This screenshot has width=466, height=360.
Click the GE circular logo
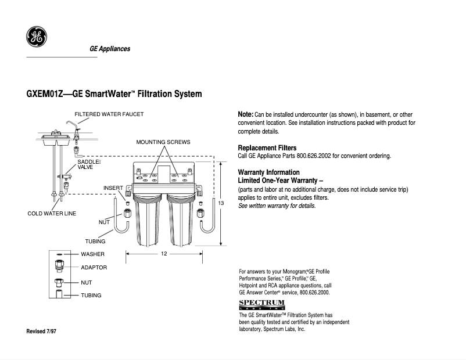coord(36,38)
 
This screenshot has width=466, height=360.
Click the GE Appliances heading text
coord(110,49)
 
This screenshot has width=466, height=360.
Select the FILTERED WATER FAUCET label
coord(109,114)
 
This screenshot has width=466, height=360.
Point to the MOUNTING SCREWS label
coord(163,142)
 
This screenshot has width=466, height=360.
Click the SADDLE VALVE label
coord(89,164)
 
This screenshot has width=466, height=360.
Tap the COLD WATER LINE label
coord(52,214)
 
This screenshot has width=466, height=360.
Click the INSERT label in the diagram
coord(113,188)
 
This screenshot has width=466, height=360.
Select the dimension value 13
coord(221,203)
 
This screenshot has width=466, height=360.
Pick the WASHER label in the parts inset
coord(92,254)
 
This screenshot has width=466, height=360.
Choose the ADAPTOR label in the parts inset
coord(94,268)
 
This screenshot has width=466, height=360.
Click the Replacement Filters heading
coord(267,148)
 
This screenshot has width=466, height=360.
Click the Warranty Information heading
coord(269,172)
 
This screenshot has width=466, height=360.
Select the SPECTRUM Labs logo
coord(262,304)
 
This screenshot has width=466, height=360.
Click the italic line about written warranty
coord(277,206)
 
